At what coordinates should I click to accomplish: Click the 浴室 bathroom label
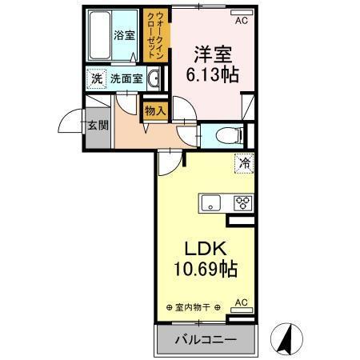123,35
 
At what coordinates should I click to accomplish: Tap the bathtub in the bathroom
99,36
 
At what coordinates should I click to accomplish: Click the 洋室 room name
210,54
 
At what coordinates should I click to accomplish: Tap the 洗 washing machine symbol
96,79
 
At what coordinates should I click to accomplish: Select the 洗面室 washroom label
126,79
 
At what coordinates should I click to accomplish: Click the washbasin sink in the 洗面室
155,78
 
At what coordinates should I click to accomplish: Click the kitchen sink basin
211,202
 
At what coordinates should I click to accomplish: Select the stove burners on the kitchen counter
241,202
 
